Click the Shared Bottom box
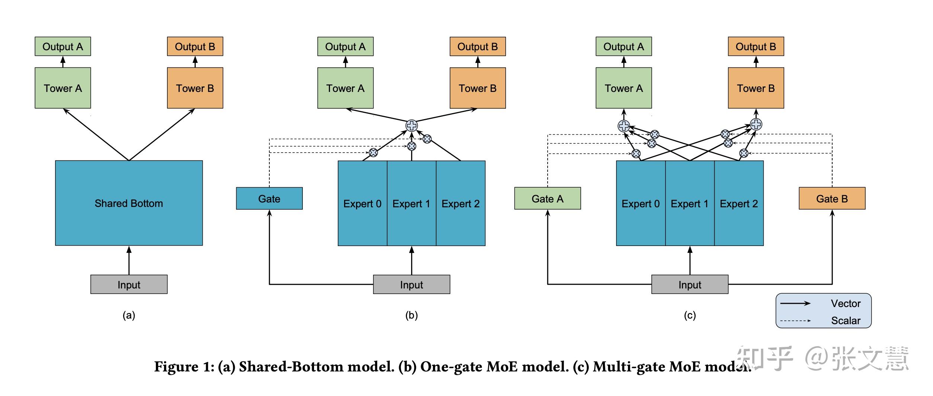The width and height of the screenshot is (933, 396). (x=129, y=203)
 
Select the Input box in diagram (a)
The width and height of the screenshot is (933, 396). (x=129, y=284)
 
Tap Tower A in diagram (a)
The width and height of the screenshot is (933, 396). (x=62, y=88)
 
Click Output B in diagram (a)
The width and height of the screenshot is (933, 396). (x=195, y=47)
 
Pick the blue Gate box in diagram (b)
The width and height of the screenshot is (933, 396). (x=269, y=198)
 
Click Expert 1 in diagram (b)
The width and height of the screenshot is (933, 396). (x=411, y=203)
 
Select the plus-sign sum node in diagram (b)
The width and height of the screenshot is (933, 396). (x=411, y=126)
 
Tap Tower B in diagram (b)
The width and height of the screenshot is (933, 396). (x=478, y=88)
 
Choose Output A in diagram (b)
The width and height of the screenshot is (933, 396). (x=345, y=47)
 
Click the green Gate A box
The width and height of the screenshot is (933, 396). (x=548, y=198)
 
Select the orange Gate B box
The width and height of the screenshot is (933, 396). (x=832, y=198)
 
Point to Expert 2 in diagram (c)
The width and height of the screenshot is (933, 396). (x=739, y=203)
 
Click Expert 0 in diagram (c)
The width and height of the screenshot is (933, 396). (x=641, y=203)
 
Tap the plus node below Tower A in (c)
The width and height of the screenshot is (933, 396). (x=624, y=126)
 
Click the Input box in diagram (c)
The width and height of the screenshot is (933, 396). (x=690, y=284)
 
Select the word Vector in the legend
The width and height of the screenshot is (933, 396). (x=846, y=303)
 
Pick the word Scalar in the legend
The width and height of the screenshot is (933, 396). (x=846, y=320)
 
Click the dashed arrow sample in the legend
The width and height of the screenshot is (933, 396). (x=795, y=320)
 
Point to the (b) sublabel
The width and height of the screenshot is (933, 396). (x=411, y=315)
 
